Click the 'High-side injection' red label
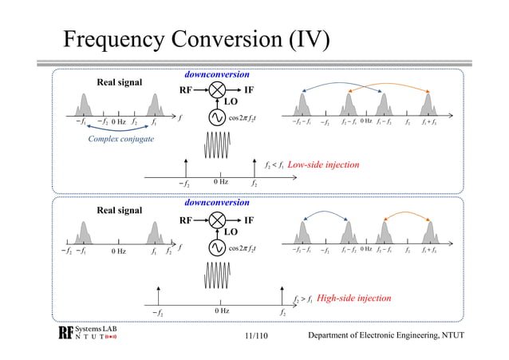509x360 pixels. (x=353, y=298)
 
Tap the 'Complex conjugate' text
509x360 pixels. (x=120, y=140)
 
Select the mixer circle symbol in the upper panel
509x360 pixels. (x=215, y=90)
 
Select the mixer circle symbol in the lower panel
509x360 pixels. (x=215, y=220)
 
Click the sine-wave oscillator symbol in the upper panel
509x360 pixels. (x=215, y=117)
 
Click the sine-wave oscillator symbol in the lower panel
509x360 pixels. (x=215, y=247)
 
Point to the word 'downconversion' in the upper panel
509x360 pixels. (x=216, y=74)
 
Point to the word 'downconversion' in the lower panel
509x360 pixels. (x=216, y=203)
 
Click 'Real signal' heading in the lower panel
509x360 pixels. (x=120, y=212)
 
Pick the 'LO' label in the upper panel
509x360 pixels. (x=231, y=102)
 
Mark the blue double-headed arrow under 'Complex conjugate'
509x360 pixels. (x=121, y=129)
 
